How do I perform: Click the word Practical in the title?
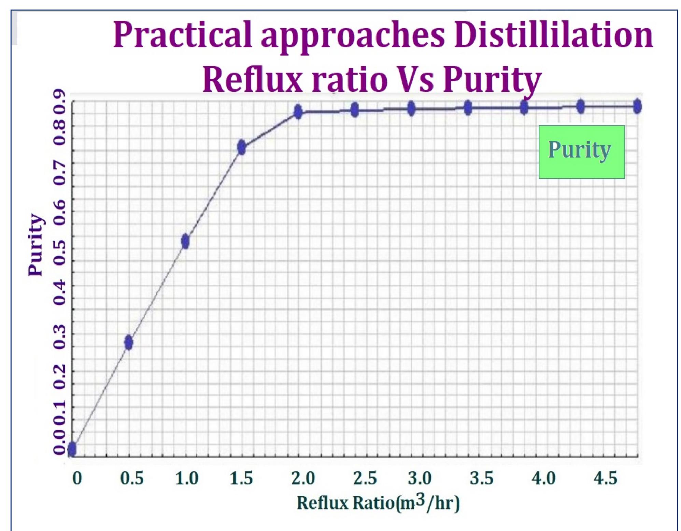pos(182,35)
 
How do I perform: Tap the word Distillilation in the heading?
pos(553,35)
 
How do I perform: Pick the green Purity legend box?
pos(582,152)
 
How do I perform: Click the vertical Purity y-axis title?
pos(36,245)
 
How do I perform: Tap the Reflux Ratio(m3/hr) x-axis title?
pos(378,502)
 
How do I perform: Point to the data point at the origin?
pos(72,449)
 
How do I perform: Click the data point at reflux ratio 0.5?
pos(128,343)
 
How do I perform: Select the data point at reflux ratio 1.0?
pos(185,242)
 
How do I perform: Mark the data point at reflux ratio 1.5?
pos(242,147)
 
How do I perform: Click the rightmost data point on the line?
pos(637,106)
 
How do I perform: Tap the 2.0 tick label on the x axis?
pos(303,478)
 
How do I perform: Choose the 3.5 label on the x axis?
pos(481,478)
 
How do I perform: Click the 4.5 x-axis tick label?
pos(605,478)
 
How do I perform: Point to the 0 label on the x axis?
pos(77,478)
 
